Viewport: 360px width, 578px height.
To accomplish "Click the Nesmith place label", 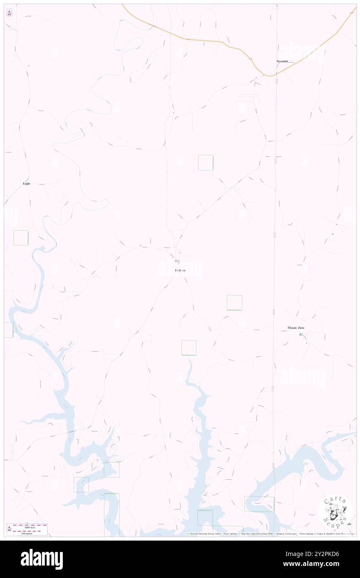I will tap(282, 61).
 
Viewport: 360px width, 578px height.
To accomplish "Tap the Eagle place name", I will tap(27, 183).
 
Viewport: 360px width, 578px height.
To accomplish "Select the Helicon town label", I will tap(180, 270).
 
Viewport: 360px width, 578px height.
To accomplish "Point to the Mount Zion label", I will tap(296, 328).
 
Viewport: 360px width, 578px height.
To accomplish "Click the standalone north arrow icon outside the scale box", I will tap(9, 13).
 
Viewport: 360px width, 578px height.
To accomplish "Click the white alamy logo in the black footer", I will tap(42, 559).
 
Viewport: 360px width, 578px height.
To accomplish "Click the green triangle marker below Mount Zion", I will tap(301, 334).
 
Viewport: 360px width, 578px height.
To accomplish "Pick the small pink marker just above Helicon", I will tap(177, 261).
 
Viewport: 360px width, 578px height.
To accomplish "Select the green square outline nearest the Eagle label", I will tap(21, 238).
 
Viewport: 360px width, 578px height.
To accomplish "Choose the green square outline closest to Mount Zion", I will tap(234, 303).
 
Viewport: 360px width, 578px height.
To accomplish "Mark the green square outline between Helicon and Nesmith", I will tap(206, 162).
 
